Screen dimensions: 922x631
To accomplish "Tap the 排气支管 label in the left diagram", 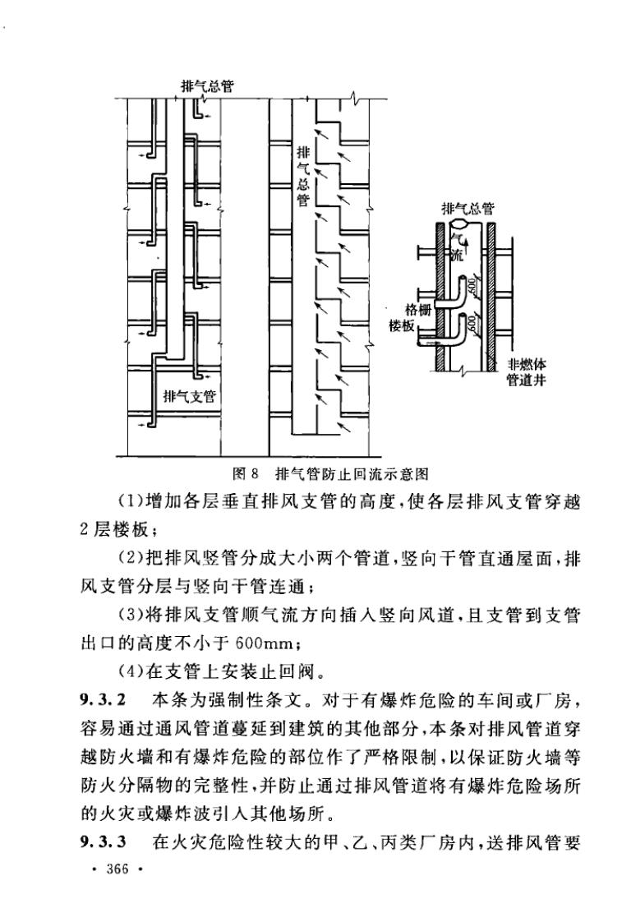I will tap(190, 397).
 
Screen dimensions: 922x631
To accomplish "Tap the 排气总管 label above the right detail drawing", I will tap(467, 208).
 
